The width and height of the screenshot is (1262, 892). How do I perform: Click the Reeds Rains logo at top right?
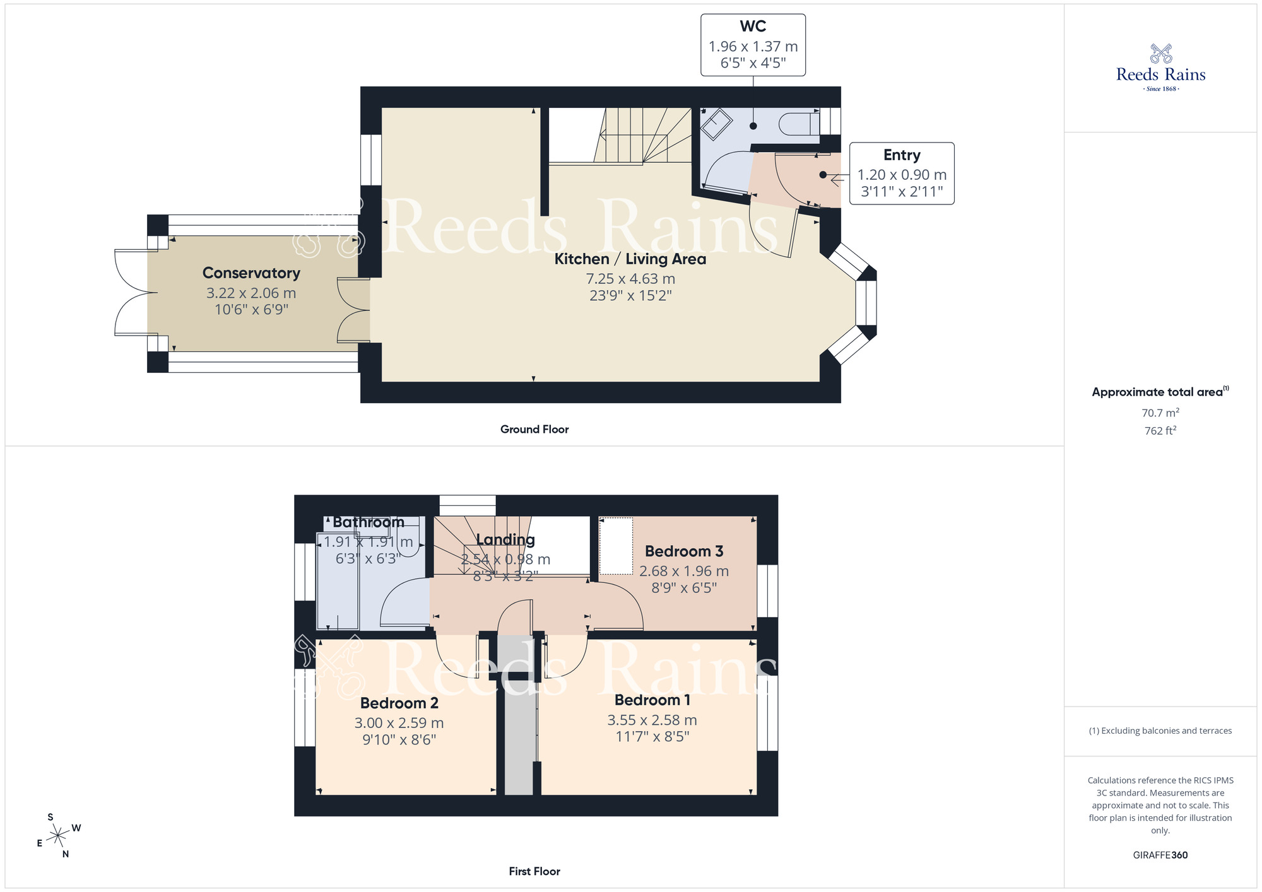pyautogui.click(x=1160, y=67)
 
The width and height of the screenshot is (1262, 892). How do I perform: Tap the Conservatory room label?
pyautogui.click(x=251, y=273)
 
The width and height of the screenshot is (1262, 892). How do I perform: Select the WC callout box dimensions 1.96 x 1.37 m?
pyautogui.click(x=753, y=47)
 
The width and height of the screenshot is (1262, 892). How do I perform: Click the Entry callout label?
pyautogui.click(x=902, y=155)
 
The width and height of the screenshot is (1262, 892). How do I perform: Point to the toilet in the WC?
pyautogui.click(x=799, y=124)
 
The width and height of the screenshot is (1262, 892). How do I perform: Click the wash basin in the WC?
pyautogui.click(x=716, y=124)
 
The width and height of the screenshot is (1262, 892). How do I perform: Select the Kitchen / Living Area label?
pyautogui.click(x=630, y=259)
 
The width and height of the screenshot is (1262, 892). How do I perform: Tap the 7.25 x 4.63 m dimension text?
pyautogui.click(x=630, y=279)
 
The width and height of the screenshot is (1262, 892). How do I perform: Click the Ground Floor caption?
pyautogui.click(x=534, y=430)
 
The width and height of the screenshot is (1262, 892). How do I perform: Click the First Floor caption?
pyautogui.click(x=534, y=871)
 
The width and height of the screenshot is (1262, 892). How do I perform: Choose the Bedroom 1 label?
pyautogui.click(x=652, y=700)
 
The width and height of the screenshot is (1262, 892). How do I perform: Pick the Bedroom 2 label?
pyautogui.click(x=399, y=703)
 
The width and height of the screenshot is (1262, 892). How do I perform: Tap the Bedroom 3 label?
pyautogui.click(x=683, y=551)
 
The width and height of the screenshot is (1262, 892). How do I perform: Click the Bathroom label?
pyautogui.click(x=369, y=522)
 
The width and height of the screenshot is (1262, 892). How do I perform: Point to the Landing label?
pyautogui.click(x=505, y=540)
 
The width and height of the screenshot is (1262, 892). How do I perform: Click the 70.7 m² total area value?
pyautogui.click(x=1160, y=413)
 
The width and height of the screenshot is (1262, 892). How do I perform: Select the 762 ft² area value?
pyautogui.click(x=1160, y=431)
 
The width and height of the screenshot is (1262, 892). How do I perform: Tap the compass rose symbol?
pyautogui.click(x=58, y=836)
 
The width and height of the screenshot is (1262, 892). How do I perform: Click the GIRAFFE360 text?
pyautogui.click(x=1160, y=855)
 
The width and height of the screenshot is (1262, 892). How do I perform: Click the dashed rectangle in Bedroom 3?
pyautogui.click(x=615, y=546)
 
